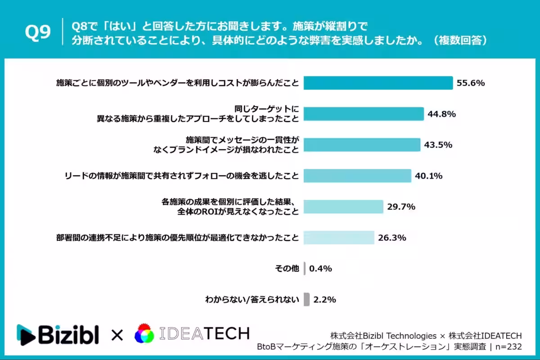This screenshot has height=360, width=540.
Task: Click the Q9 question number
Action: pos(38,33)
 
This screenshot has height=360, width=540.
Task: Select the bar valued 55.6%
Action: pos(378,83)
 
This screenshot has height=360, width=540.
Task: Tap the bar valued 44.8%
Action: pos(364,114)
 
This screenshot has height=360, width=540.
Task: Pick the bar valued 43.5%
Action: pos(362,145)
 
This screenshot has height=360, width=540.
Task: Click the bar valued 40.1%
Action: pos(357,175)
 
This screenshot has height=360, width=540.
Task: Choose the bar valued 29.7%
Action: pos(343,207)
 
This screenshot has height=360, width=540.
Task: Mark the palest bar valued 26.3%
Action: pos(339,238)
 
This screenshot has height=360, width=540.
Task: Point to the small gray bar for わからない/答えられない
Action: pos(306,299)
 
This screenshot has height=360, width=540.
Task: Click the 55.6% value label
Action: pos(470,83)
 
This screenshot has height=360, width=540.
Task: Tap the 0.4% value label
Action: pos(320,269)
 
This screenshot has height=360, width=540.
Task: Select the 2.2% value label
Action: pos(324,299)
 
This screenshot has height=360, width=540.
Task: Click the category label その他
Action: pos(287,269)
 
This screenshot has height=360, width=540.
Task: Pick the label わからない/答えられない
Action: pos(252,299)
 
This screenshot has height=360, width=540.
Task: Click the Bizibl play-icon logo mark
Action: pos(26,334)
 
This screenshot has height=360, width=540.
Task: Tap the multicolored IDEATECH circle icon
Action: pos(144,333)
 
